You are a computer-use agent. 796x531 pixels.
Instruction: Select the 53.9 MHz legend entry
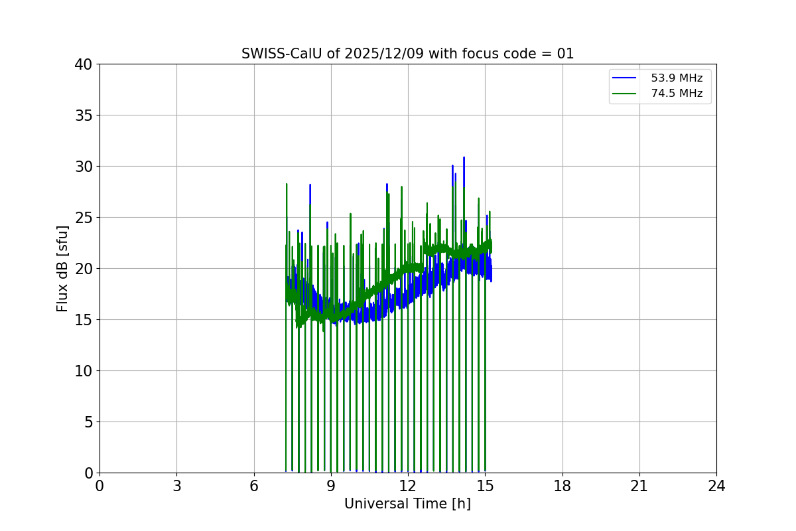click(x=676, y=78)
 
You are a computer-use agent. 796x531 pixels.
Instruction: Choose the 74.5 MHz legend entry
click(x=676, y=94)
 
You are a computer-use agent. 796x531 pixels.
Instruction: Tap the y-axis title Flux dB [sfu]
click(x=62, y=268)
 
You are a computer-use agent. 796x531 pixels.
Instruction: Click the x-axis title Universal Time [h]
click(x=407, y=504)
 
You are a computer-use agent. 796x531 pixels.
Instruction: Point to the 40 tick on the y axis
click(x=84, y=64)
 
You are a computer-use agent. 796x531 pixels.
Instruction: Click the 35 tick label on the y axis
click(x=84, y=115)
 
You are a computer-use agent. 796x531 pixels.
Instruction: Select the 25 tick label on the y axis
click(x=84, y=218)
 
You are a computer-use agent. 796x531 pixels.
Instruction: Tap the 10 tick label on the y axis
click(x=84, y=371)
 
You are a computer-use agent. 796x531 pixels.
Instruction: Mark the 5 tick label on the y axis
click(x=88, y=422)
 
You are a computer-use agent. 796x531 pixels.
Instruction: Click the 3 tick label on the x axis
click(x=176, y=486)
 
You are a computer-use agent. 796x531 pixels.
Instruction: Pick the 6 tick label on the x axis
click(x=254, y=486)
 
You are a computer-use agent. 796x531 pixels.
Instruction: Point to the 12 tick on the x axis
click(x=408, y=486)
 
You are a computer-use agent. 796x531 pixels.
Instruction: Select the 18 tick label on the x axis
click(x=563, y=486)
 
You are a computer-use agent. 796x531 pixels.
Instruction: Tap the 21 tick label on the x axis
click(x=639, y=486)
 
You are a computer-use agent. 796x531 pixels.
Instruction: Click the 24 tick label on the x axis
click(x=716, y=486)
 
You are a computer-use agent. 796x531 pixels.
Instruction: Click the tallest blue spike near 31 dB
click(x=464, y=159)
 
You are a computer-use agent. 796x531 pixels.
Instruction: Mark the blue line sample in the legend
click(x=624, y=78)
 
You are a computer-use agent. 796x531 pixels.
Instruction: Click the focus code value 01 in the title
click(x=565, y=54)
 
